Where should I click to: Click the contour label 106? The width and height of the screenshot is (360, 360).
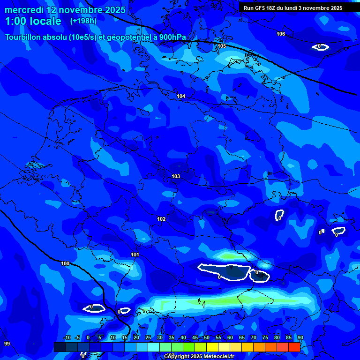pos(281,34)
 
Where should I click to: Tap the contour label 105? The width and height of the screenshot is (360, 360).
pos(222,46)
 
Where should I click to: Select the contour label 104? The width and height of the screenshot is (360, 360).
pos(181,96)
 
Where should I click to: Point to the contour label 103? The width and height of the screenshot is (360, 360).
pos(176,176)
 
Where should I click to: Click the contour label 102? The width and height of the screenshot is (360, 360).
pos(161,219)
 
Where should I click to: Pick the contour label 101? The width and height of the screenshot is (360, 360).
pos(135,255)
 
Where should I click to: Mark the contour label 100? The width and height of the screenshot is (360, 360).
pos(65,263)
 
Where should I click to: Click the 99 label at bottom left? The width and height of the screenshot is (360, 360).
pos(7,344)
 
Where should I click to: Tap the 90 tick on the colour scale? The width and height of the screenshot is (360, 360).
pos(300,338)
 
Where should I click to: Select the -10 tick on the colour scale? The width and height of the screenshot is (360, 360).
pos(67,338)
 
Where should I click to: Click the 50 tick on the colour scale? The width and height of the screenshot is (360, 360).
pos(207,338)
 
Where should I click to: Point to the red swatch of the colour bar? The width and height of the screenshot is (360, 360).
pos(294,347)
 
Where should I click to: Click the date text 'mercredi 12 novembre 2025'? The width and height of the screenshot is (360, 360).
pos(66,10)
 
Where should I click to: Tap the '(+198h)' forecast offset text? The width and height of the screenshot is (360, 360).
pos(83,21)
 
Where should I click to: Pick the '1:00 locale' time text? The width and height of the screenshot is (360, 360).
pos(33,21)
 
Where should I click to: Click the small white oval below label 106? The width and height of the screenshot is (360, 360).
pos(321,46)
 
